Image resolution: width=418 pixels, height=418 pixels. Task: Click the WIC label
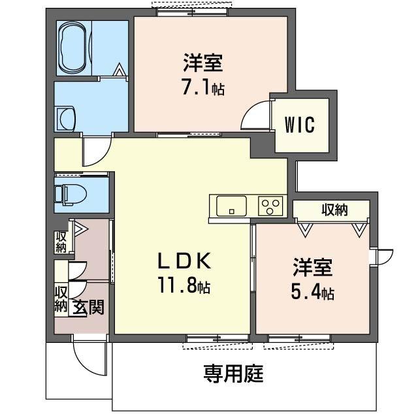pos(300,124)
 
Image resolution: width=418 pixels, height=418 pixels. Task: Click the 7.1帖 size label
pos(202,88)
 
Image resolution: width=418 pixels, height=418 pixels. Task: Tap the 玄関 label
pos(88,306)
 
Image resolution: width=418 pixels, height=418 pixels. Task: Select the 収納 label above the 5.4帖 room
pos(334,210)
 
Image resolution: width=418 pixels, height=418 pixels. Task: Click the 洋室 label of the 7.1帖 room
pos(202,64)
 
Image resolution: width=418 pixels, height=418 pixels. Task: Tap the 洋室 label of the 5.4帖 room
pos(313,268)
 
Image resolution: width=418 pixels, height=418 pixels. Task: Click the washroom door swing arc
pos(93,152)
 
